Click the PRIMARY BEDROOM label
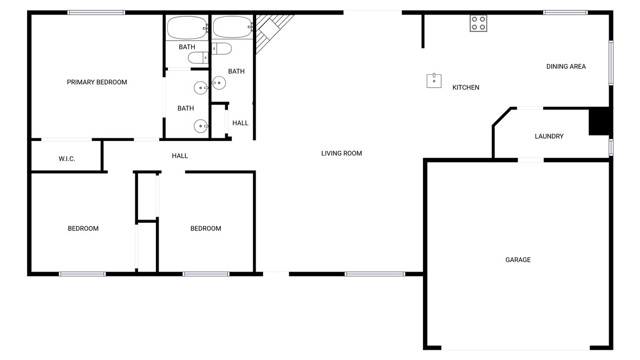click(97, 82)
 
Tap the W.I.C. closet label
click(67, 159)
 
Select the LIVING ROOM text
click(341, 153)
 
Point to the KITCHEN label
click(466, 88)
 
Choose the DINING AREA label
click(565, 67)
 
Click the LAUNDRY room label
click(549, 137)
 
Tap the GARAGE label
click(518, 260)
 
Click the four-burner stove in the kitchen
click(479, 23)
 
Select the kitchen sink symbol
click(434, 81)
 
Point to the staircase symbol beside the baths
click(273, 33)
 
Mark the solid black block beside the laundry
click(599, 121)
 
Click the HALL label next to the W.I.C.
click(180, 156)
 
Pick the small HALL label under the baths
click(240, 123)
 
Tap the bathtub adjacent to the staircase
click(232, 27)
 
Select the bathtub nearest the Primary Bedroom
click(185, 27)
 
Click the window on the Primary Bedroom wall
click(97, 12)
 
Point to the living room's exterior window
click(375, 273)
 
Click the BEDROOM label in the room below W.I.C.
click(83, 229)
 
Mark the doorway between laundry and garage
click(531, 159)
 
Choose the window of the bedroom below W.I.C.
click(82, 273)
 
